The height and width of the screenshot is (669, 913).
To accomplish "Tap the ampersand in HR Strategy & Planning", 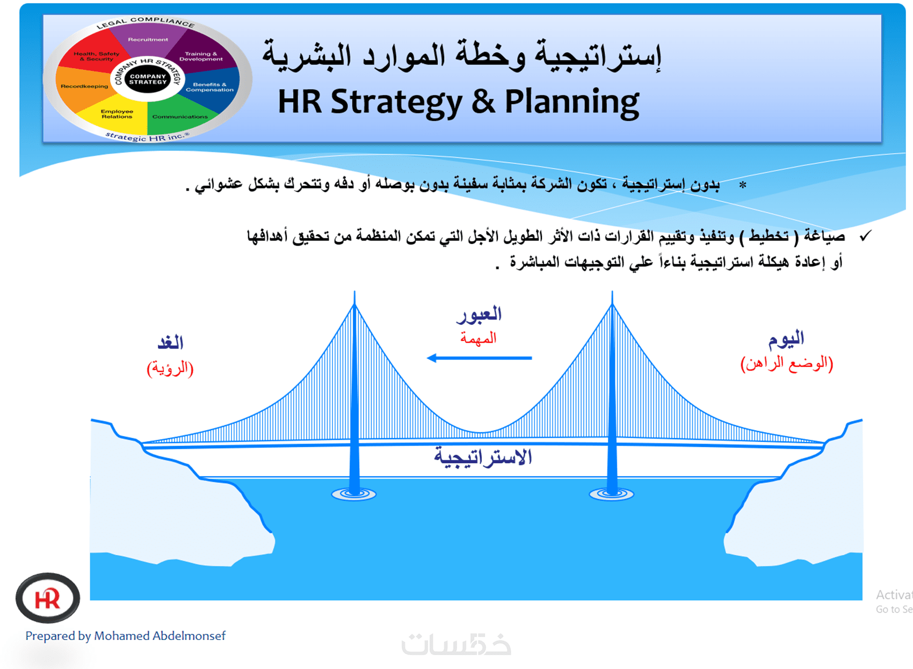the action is [x=483, y=101].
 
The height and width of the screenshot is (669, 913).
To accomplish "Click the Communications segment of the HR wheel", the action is [x=180, y=117].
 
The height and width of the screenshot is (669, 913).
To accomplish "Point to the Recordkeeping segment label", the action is [x=84, y=86].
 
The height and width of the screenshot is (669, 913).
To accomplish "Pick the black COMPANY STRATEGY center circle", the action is [x=148, y=79].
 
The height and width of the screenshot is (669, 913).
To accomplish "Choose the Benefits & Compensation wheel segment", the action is [x=209, y=87].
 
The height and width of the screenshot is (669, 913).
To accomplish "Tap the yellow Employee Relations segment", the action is [x=117, y=114].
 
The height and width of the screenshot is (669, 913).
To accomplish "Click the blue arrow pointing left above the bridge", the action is [x=479, y=358].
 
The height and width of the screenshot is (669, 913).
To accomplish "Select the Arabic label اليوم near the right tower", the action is [x=786, y=339].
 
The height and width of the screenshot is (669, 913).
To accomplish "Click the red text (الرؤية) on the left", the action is [x=170, y=368].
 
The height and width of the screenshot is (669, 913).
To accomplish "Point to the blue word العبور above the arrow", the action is [x=479, y=315].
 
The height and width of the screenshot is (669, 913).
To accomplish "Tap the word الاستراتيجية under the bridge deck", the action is [x=483, y=457].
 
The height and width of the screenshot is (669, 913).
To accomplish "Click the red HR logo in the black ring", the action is [x=48, y=598].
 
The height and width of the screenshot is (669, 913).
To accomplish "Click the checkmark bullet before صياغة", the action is [x=865, y=236].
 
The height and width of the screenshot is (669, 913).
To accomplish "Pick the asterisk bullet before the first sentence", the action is [x=743, y=185].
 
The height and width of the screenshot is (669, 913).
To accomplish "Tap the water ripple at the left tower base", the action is [x=354, y=494].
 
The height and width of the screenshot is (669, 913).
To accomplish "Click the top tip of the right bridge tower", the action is [x=612, y=292].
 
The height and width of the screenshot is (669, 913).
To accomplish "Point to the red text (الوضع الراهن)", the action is [x=787, y=363].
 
